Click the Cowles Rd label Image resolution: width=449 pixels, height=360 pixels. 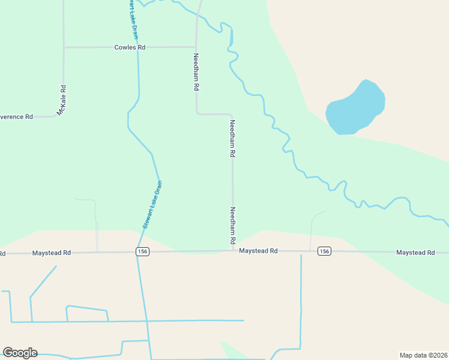click(x=130, y=47)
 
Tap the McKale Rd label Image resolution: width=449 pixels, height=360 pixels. click(x=61, y=100)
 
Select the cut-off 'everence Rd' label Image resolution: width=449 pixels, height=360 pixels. click(x=16, y=116)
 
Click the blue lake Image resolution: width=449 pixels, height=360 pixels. click(x=355, y=108)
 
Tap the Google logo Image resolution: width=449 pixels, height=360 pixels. click(x=20, y=353)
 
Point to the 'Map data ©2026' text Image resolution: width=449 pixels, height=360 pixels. click(x=423, y=355)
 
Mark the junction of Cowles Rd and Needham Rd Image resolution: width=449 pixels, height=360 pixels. click(x=196, y=47)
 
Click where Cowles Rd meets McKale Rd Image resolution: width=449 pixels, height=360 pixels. click(x=64, y=47)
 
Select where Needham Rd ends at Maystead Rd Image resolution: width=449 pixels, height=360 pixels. click(x=233, y=251)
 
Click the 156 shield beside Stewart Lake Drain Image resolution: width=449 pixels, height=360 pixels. click(x=142, y=252)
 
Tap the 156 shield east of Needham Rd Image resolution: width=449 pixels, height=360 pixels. click(x=324, y=251)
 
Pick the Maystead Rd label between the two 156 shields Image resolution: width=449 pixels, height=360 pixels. click(x=258, y=251)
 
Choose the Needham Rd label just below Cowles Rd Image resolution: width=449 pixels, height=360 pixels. click(x=196, y=72)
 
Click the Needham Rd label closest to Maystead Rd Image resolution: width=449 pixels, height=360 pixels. click(x=233, y=226)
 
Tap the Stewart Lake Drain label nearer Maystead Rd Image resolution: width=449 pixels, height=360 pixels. click(x=152, y=205)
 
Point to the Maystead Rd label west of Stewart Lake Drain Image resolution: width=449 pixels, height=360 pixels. click(x=52, y=253)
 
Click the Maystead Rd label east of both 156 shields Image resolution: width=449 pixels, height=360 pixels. click(x=415, y=253)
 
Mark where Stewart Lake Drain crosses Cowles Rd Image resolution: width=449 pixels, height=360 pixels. click(x=138, y=47)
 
